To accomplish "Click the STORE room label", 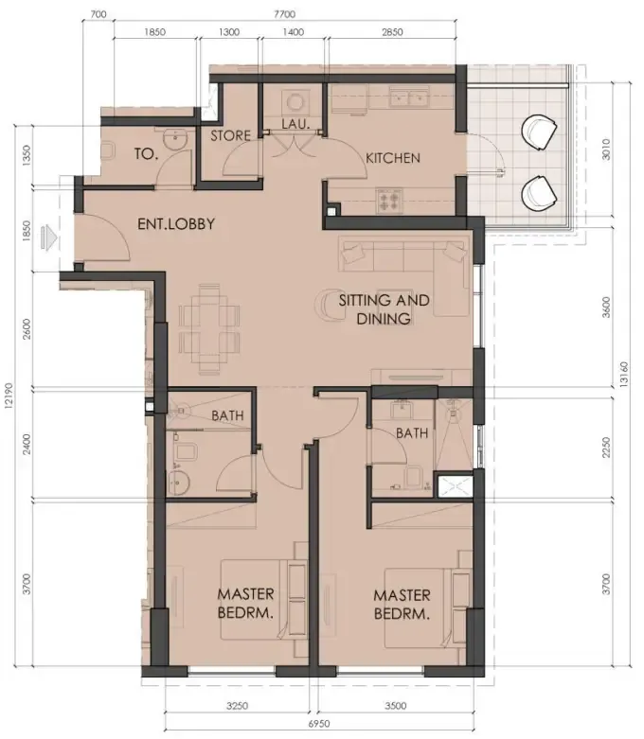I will tap(230, 135).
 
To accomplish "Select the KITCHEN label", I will tap(393, 157).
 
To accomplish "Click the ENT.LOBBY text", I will tap(177, 225).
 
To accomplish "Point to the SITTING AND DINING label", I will tap(384, 309).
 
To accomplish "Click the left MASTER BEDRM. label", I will tap(245, 603).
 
